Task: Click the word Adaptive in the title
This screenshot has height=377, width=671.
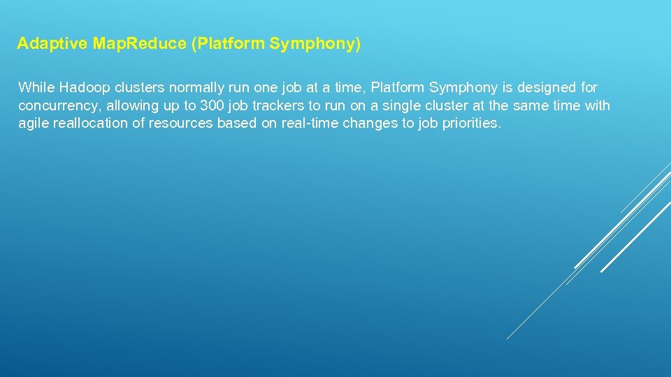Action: click(53, 44)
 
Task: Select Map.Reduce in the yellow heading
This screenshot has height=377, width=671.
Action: click(139, 44)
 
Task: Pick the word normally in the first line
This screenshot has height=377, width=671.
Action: click(190, 88)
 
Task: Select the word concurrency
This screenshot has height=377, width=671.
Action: click(59, 106)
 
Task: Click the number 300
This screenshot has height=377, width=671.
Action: click(212, 106)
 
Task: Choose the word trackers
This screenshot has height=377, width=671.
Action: click(275, 106)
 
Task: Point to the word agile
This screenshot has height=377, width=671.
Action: click(34, 124)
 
